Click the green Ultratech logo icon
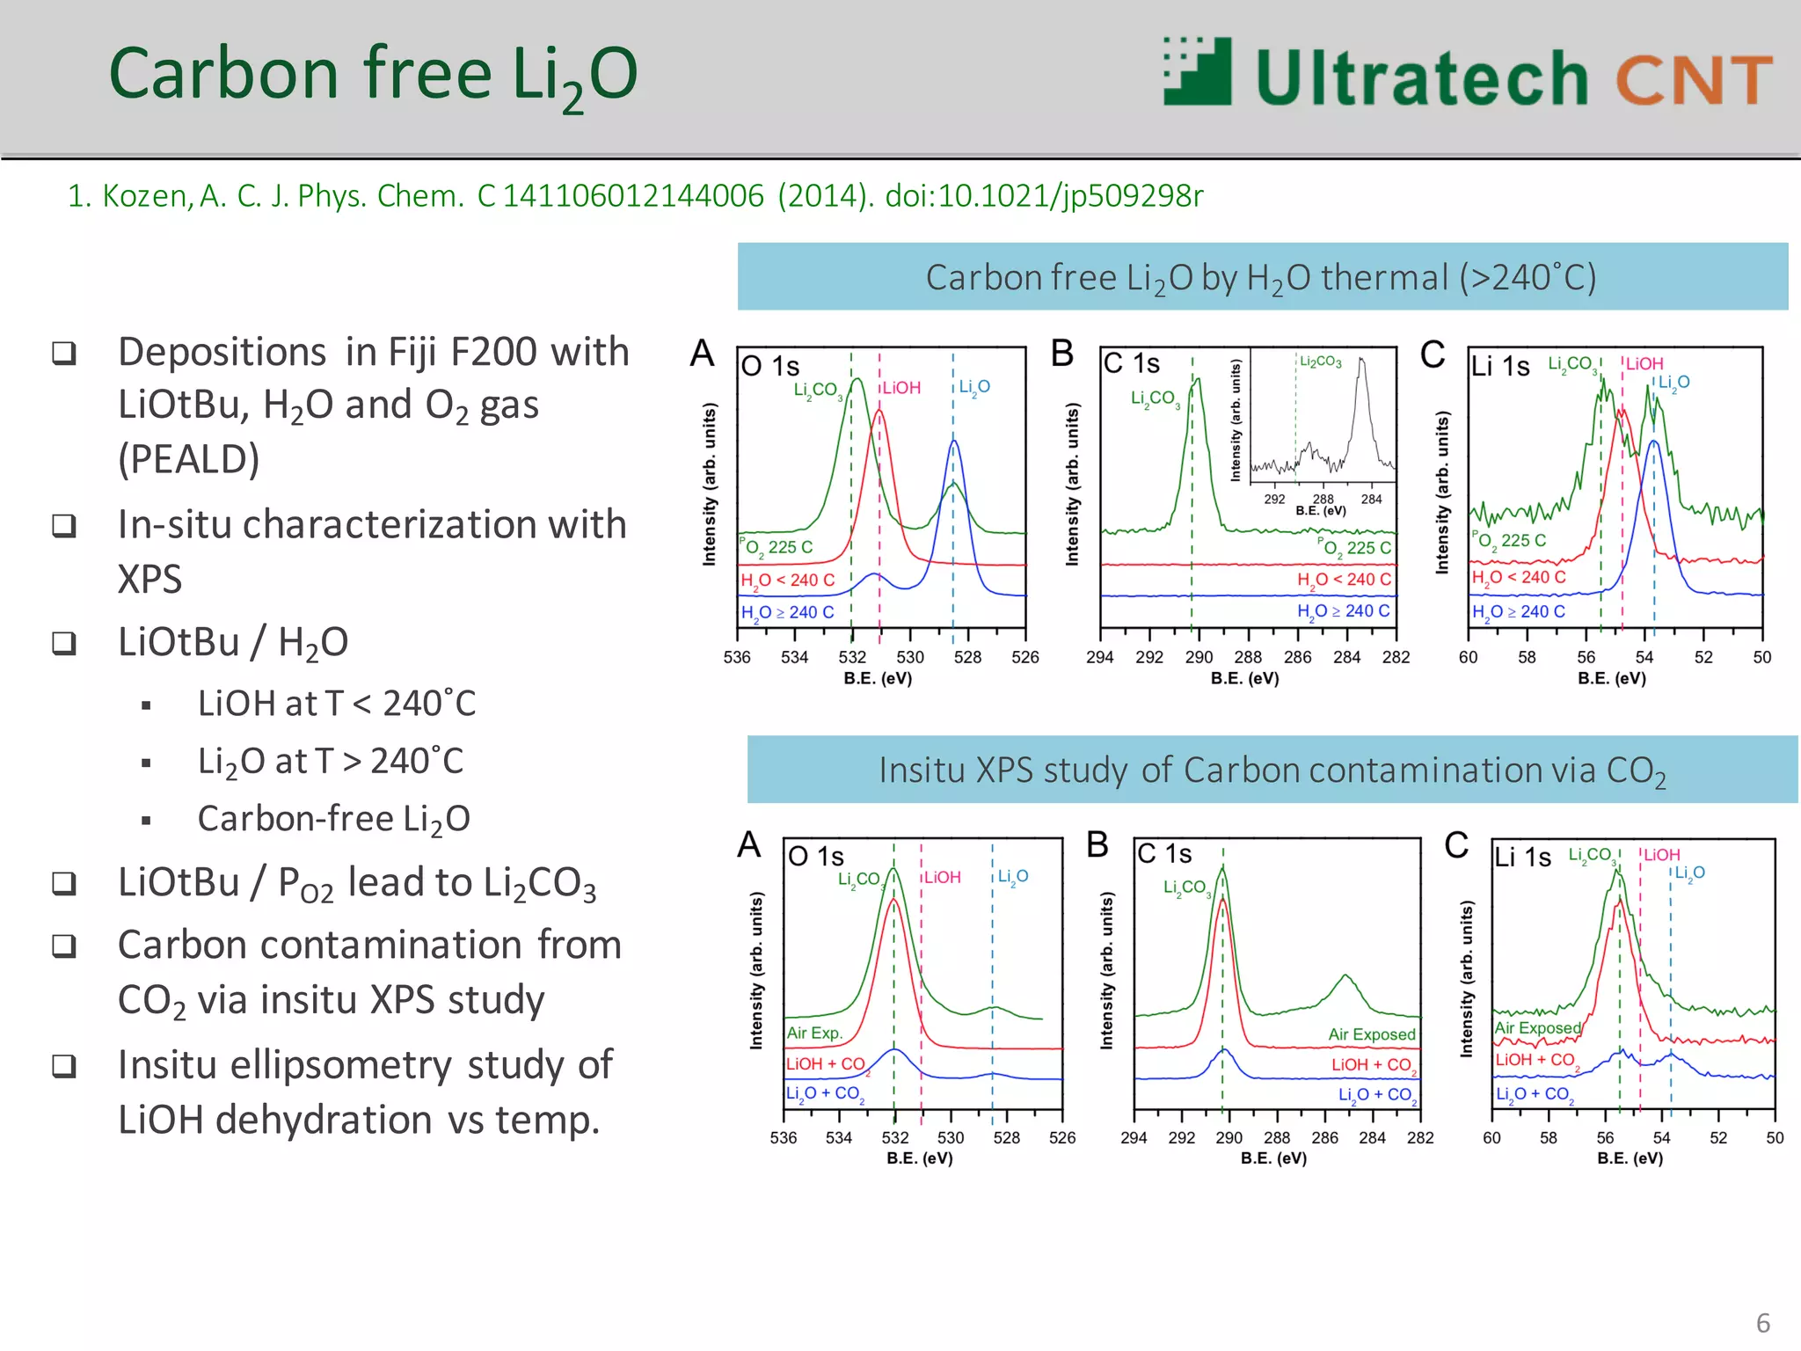pos(1197,72)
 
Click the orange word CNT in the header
pos(1693,79)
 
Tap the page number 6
pos(1762,1323)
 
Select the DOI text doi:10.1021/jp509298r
pos(1044,195)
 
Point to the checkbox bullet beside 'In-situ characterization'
pos(64,525)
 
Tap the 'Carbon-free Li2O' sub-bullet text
pos(333,819)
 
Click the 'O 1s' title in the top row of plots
pos(770,366)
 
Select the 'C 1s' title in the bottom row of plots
pos(1164,853)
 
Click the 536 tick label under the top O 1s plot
pos(737,657)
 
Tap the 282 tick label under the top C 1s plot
pos(1396,657)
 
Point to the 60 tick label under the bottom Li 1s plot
pos(1492,1137)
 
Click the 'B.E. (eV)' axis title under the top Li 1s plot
pos(1611,678)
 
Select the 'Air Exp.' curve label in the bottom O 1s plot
pos(814,1033)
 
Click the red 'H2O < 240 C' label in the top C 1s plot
pos(1344,580)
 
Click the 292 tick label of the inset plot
pos(1274,499)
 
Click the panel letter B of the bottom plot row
pos(1097,844)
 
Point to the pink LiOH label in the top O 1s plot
pos(901,388)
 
